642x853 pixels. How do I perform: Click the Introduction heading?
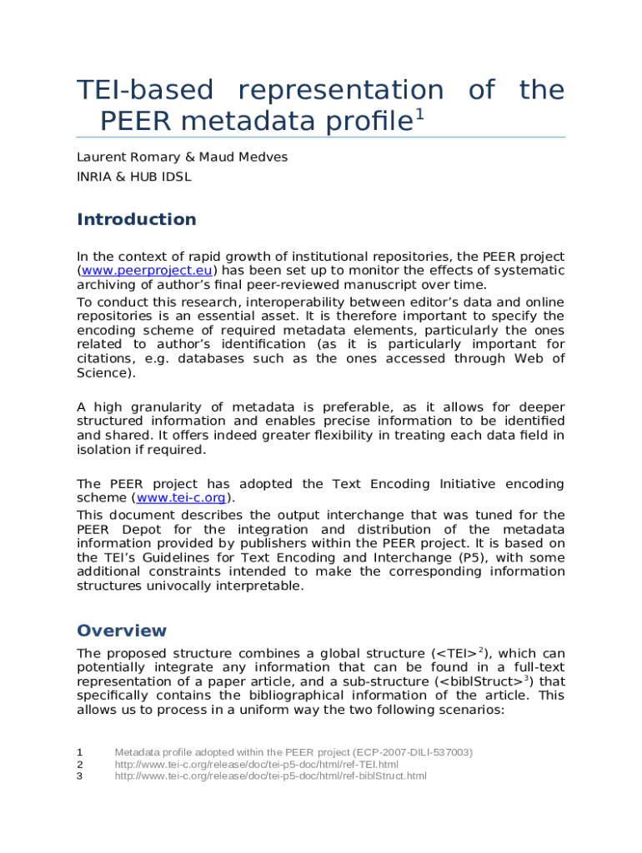(137, 220)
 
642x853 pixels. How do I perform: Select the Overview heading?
(122, 631)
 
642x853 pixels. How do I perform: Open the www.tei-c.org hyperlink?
(180, 498)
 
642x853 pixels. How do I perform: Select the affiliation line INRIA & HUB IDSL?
(133, 177)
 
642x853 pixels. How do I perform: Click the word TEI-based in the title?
(144, 91)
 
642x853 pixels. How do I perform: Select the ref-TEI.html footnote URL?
(256, 764)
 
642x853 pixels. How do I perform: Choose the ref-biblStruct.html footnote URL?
(270, 776)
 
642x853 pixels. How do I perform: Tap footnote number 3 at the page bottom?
(80, 776)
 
